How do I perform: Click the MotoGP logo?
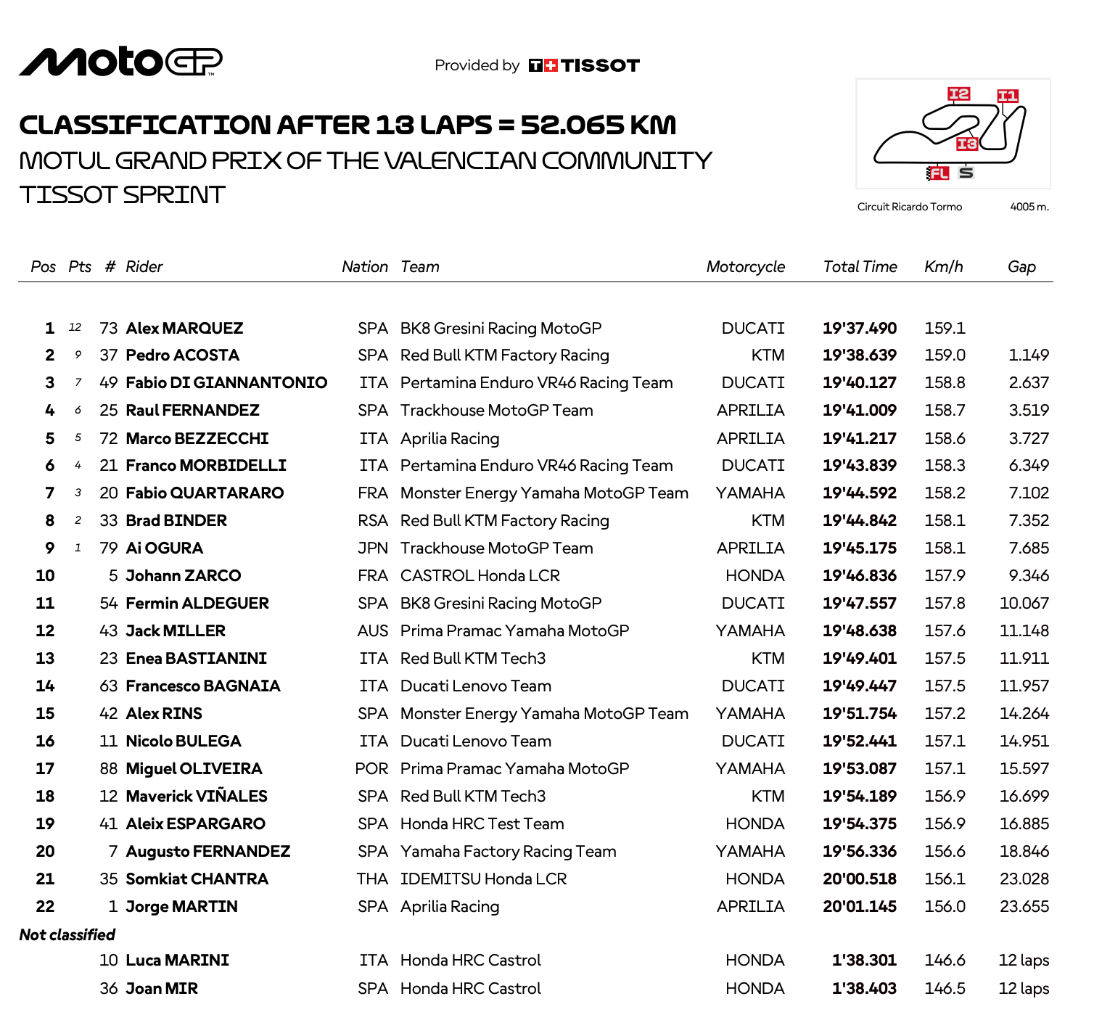click(x=120, y=62)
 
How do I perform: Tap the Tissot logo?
click(x=584, y=65)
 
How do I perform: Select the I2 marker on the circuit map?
click(x=958, y=94)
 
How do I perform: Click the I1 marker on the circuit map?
click(x=1008, y=96)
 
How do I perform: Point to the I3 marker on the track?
click(x=966, y=144)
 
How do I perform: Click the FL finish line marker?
click(x=938, y=173)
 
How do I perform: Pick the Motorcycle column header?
click(x=745, y=267)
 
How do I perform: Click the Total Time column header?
click(x=860, y=267)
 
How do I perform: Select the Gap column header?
click(x=1021, y=267)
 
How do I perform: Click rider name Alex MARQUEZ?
click(x=184, y=328)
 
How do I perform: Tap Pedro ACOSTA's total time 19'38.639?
click(x=860, y=355)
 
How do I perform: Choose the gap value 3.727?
click(x=1029, y=438)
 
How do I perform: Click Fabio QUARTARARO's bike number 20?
click(x=109, y=493)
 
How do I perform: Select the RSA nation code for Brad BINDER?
click(x=373, y=521)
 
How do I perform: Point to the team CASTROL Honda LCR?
click(x=480, y=576)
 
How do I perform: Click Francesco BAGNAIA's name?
click(x=203, y=686)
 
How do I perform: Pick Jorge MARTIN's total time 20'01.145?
click(x=860, y=907)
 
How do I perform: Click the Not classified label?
click(x=67, y=934)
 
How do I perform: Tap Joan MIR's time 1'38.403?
click(x=864, y=989)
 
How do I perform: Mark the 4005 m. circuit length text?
click(x=1029, y=207)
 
